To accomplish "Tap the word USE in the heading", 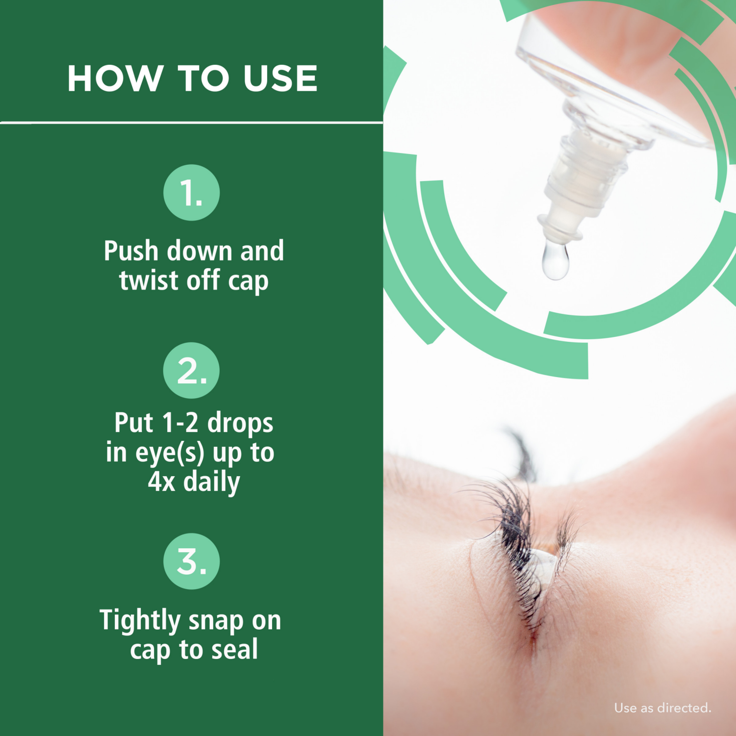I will click(280, 78).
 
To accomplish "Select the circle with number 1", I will click(191, 192).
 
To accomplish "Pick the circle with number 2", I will click(191, 370).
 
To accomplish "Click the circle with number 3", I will click(191, 561).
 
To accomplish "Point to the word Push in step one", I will click(131, 252).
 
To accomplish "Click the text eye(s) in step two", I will click(170, 453).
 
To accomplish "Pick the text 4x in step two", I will click(161, 482).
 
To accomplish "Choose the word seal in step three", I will click(234, 650).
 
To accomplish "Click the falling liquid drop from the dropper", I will click(555, 261).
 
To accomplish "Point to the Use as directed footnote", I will click(662, 708).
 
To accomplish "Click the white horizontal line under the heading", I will click(191, 122).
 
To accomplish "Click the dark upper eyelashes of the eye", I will click(512, 520).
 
